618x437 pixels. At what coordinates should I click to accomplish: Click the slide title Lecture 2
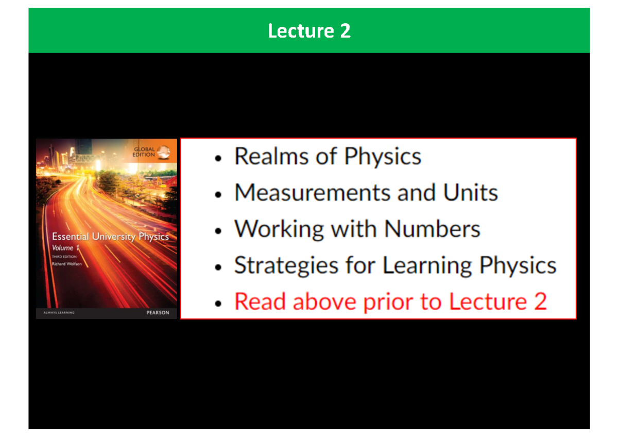click(309, 31)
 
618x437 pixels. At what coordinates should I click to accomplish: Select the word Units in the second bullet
click(470, 193)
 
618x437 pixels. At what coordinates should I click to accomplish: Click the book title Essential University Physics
click(110, 237)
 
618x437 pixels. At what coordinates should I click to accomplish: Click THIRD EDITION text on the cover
click(64, 256)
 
